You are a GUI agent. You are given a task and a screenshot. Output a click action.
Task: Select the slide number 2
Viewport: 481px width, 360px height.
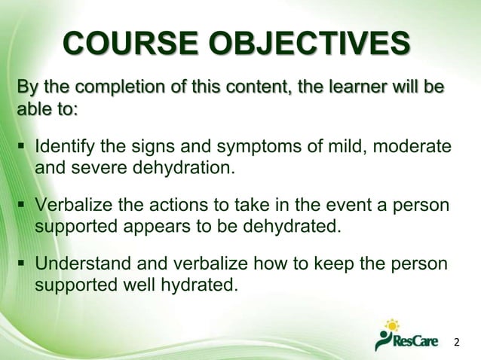455,343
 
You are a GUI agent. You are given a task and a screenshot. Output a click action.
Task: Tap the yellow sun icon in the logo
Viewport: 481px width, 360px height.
392,325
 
